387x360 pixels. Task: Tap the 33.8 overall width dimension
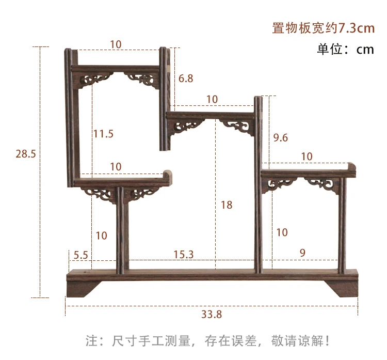click(212, 314)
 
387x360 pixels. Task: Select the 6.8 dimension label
click(186, 79)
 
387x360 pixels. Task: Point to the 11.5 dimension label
click(103, 134)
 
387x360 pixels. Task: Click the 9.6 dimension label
click(280, 137)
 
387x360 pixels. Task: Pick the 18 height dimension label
click(227, 205)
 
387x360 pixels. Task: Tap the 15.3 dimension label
click(183, 254)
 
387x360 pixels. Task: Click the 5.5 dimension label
click(81, 254)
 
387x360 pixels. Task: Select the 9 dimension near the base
click(302, 253)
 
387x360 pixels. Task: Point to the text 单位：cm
click(345, 49)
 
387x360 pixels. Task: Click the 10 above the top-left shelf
click(116, 45)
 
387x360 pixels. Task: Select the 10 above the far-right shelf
click(307, 156)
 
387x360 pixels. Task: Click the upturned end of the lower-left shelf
click(168, 175)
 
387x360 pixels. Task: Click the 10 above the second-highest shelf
click(212, 99)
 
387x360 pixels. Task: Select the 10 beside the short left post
click(102, 236)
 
